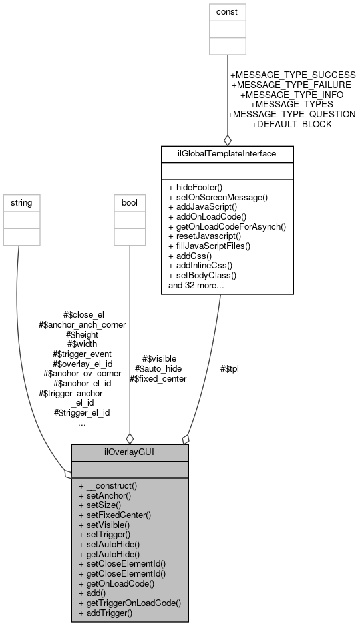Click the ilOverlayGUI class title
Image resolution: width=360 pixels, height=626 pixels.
[130, 452]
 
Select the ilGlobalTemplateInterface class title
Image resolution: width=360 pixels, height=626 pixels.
[228, 154]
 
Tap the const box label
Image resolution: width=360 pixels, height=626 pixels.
[227, 11]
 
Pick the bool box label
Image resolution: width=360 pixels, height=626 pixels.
[129, 202]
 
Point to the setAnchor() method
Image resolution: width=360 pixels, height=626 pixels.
[104, 495]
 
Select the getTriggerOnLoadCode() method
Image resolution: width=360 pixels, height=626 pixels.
[129, 603]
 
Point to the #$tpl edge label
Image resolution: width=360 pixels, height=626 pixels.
[230, 368]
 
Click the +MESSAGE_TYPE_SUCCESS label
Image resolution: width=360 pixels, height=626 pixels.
[292, 75]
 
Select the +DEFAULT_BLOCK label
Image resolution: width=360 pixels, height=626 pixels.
[291, 124]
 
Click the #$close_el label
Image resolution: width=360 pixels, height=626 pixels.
[84, 314]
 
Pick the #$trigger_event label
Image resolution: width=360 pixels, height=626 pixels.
[82, 354]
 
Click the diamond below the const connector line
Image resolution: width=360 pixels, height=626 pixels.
[228, 139]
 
